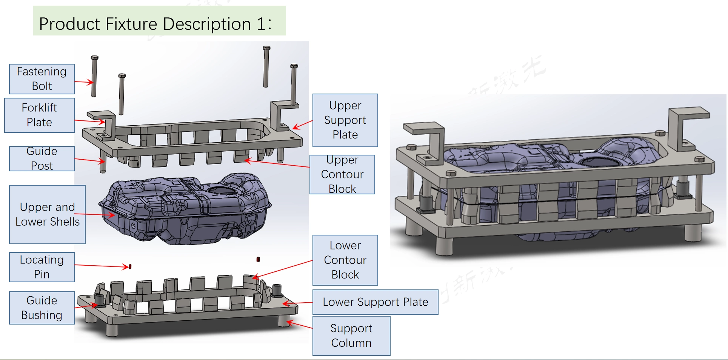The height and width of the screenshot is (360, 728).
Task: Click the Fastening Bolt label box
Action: tap(42, 79)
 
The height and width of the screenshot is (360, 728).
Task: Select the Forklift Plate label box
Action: tap(39, 115)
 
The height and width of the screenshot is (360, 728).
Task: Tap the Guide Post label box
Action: tap(42, 158)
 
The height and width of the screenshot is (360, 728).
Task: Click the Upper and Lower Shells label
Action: tap(47, 214)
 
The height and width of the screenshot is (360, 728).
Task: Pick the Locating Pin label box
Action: tap(42, 267)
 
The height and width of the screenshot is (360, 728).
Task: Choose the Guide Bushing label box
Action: tap(42, 308)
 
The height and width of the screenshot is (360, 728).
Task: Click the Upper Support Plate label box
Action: tap(345, 120)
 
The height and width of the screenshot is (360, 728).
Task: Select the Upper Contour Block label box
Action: tap(342, 174)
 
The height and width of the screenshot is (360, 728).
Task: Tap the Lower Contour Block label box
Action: tap(345, 260)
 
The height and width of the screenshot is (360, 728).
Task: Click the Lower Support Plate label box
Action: tap(375, 302)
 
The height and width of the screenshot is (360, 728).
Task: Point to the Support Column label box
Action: tap(351, 335)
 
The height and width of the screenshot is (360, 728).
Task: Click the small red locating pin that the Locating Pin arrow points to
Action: tap(130, 266)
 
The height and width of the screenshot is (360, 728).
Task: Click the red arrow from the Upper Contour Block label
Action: tap(277, 163)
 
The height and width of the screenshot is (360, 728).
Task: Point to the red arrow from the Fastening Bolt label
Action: tap(84, 82)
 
